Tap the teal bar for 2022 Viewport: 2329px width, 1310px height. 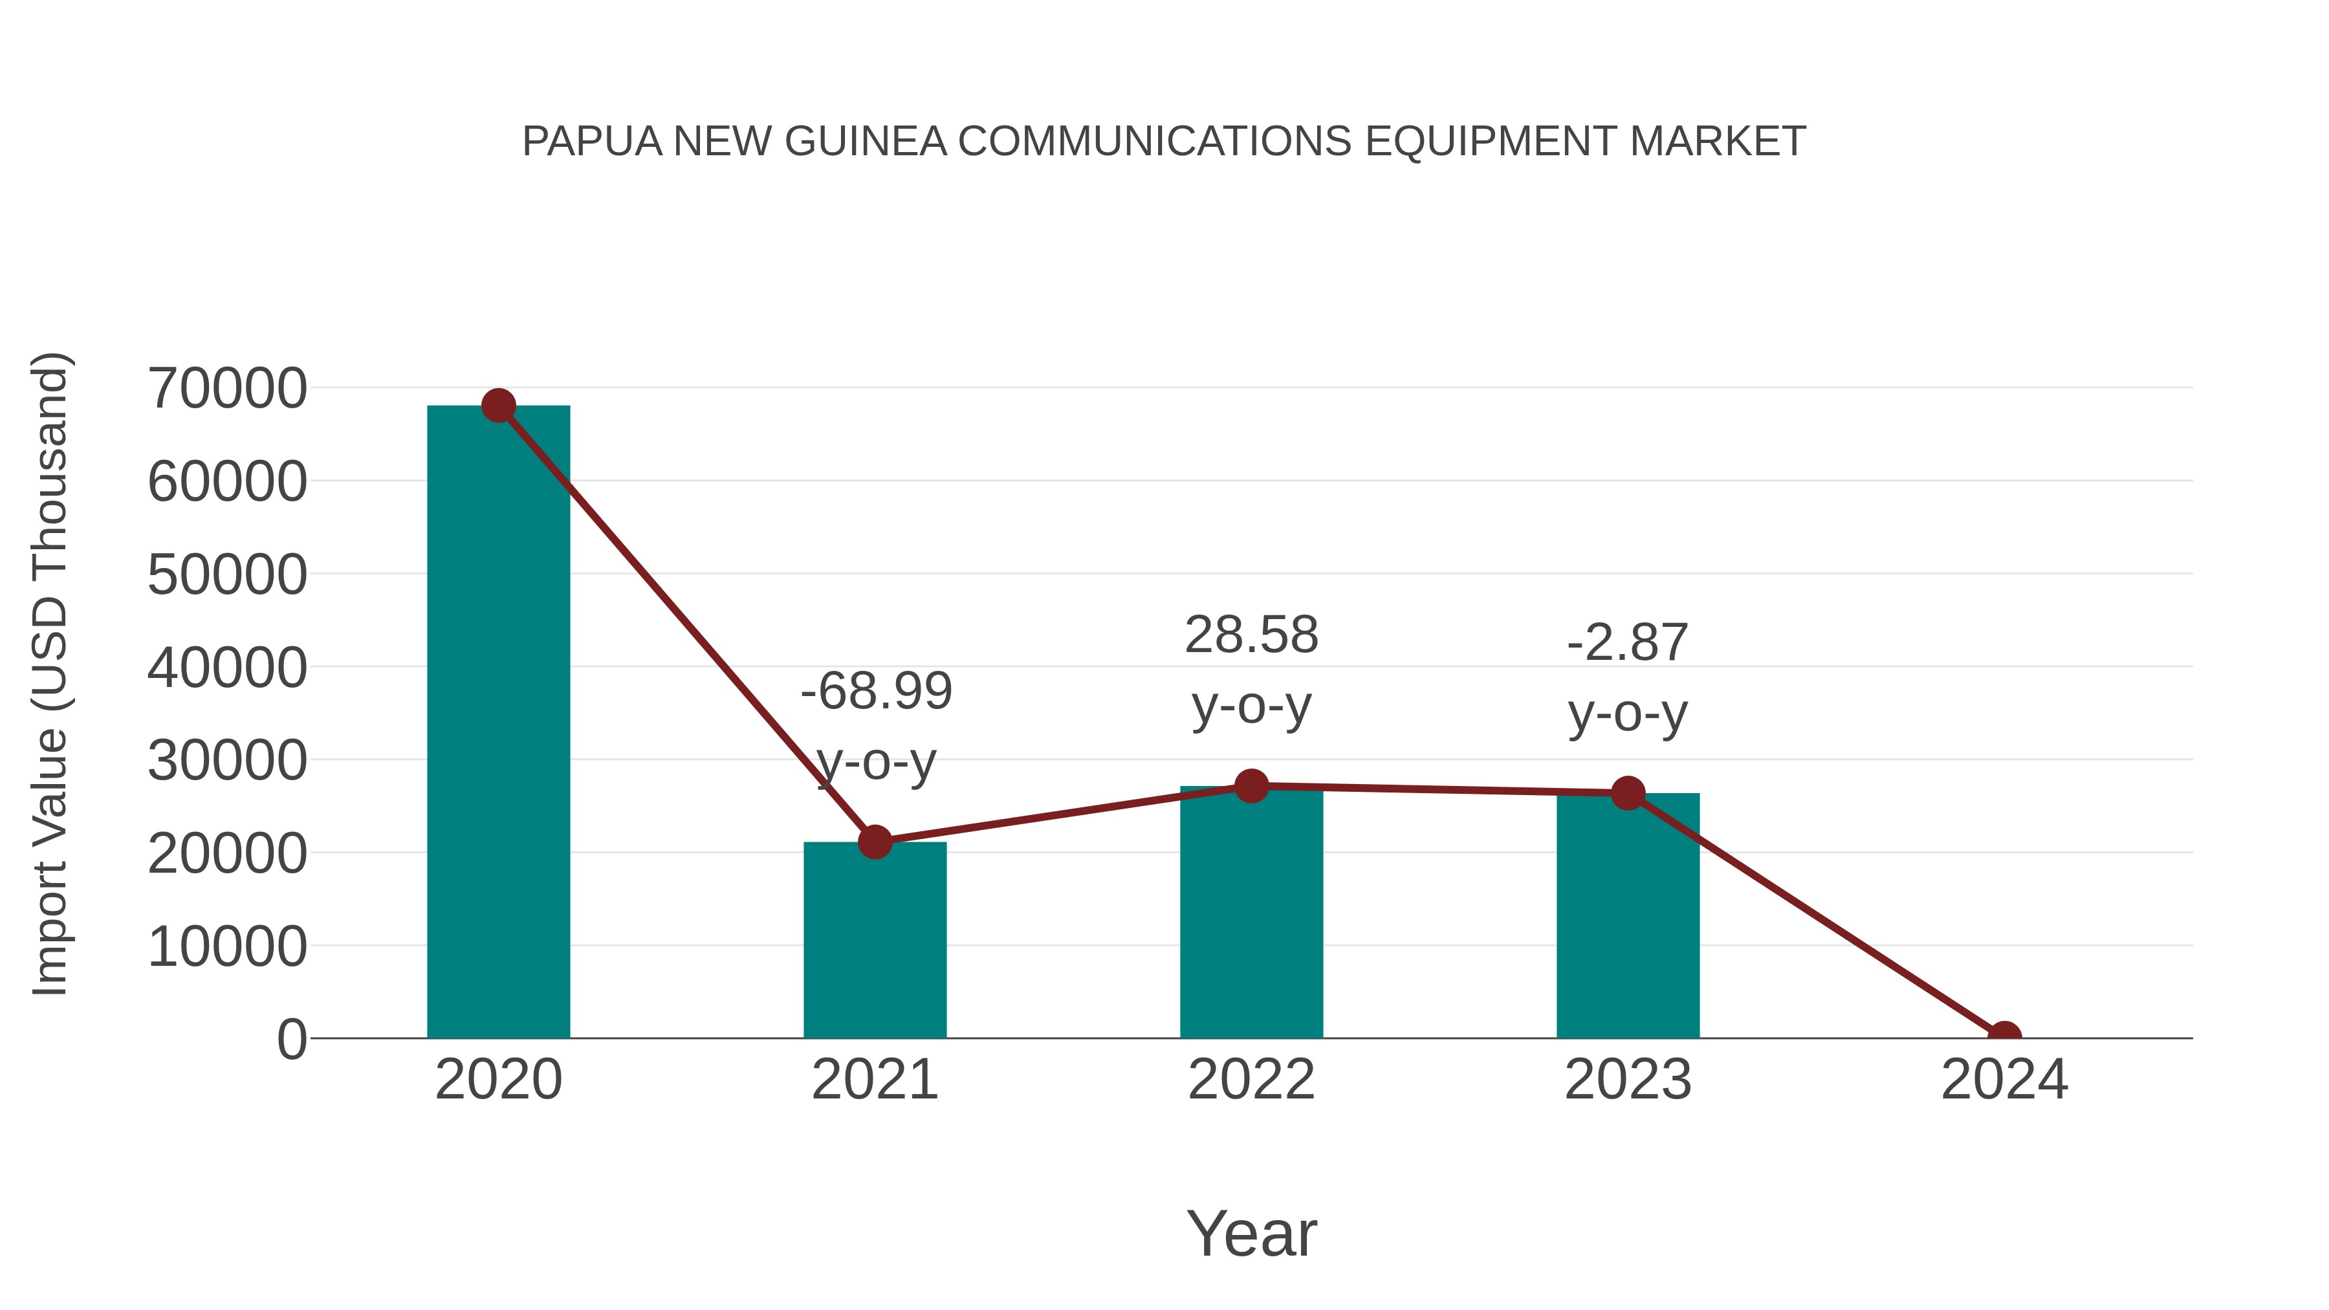click(x=1251, y=913)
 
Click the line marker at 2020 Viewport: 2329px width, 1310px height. click(x=498, y=406)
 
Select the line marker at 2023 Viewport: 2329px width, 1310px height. click(x=1628, y=793)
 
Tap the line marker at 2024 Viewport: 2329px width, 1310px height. click(x=2004, y=1036)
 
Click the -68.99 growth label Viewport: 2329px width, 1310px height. click(x=876, y=692)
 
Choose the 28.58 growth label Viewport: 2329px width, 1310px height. click(x=1251, y=635)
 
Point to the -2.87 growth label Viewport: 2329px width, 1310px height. click(x=1628, y=643)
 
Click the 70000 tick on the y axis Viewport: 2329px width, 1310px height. click(x=227, y=389)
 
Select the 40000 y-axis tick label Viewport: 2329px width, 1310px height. click(x=227, y=668)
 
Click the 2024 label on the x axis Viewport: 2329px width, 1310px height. click(x=2004, y=1080)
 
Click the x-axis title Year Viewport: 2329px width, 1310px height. click(x=1251, y=1233)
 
